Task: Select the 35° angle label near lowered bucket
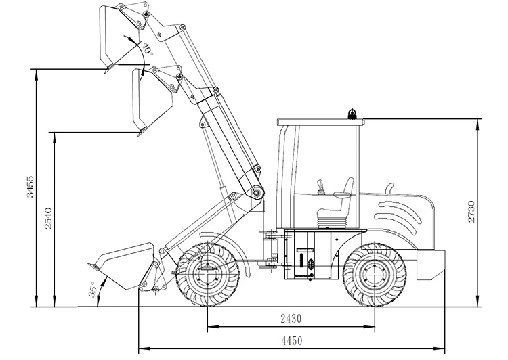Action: tap(92, 290)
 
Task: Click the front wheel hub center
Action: tap(206, 275)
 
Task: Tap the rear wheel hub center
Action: tap(373, 275)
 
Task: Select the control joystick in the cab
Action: tap(320, 187)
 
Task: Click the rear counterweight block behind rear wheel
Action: tap(430, 265)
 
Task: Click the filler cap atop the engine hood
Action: tap(389, 187)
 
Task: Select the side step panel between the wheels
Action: tap(308, 257)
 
